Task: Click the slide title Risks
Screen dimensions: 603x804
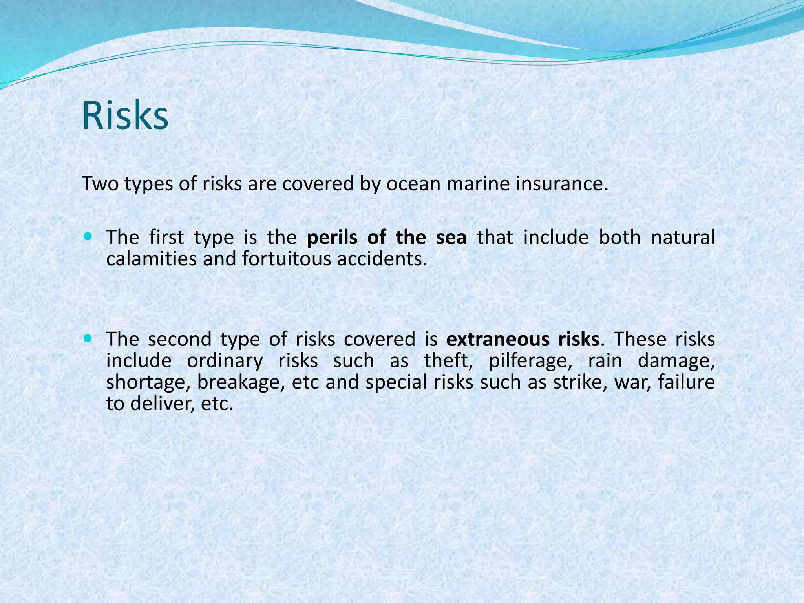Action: (125, 116)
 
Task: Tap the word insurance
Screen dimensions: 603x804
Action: (561, 184)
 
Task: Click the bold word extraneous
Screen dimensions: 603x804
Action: (497, 340)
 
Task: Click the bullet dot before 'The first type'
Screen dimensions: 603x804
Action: (88, 237)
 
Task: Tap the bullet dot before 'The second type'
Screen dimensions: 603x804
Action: (88, 338)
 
